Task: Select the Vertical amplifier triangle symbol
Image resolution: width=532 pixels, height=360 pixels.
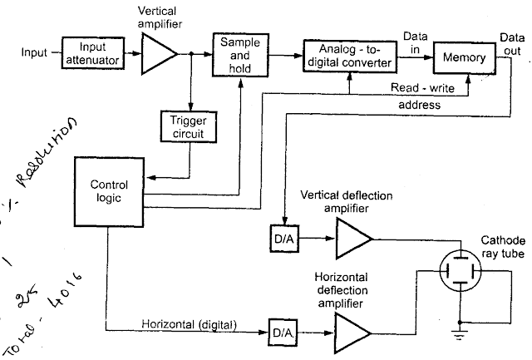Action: pos(160,55)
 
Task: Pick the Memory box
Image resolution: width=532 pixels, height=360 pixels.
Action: pos(464,57)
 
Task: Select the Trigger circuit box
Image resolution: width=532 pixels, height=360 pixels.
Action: pos(189,125)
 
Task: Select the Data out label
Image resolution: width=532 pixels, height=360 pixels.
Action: pos(511,44)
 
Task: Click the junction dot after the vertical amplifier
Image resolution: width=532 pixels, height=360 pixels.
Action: pos(191,55)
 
